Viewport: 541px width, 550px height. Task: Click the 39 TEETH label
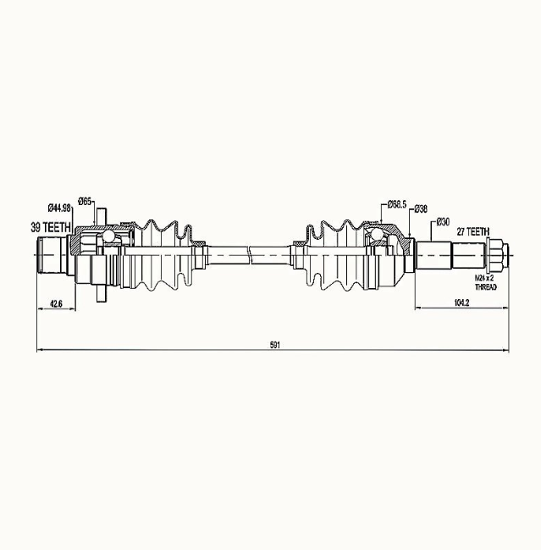pyautogui.click(x=51, y=227)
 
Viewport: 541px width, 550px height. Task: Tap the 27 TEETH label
pyautogui.click(x=472, y=231)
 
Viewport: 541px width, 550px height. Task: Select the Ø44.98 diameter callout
pyautogui.click(x=59, y=208)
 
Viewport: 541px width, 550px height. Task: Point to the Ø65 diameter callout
pyautogui.click(x=85, y=202)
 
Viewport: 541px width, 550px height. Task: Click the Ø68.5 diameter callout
pyautogui.click(x=396, y=204)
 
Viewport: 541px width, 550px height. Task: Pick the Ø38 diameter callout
pyautogui.click(x=421, y=208)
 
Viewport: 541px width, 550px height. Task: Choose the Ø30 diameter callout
pyautogui.click(x=443, y=222)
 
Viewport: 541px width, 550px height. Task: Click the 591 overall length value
pyautogui.click(x=274, y=345)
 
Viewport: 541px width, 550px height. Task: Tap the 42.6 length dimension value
pyautogui.click(x=56, y=303)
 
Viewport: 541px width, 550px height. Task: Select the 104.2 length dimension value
pyautogui.click(x=461, y=303)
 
